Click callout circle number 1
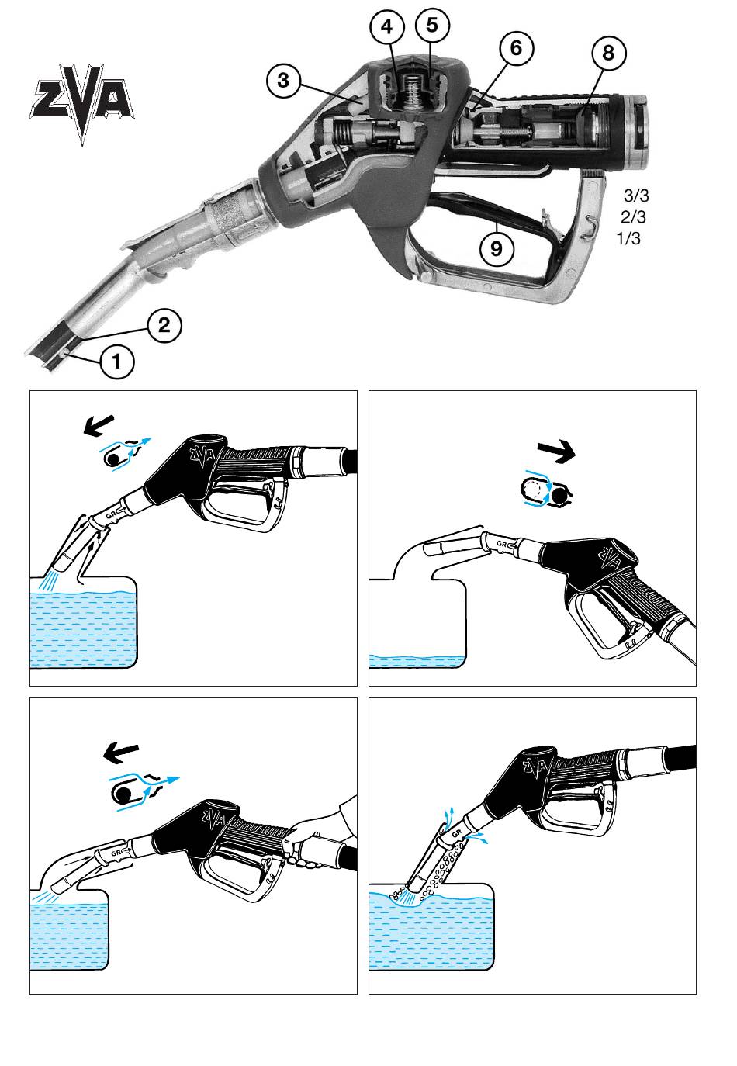[116, 362]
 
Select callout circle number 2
[164, 326]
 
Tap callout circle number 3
[284, 80]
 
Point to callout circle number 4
[387, 27]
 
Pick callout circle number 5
[432, 25]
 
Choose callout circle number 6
[516, 48]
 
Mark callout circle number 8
[608, 52]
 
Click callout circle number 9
[497, 248]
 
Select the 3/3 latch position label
[636, 196]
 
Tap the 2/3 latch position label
[633, 217]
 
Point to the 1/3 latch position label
[628, 238]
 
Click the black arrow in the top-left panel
[99, 424]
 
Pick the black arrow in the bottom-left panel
[121, 753]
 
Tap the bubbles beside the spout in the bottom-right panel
[445, 864]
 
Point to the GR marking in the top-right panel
[501, 543]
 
